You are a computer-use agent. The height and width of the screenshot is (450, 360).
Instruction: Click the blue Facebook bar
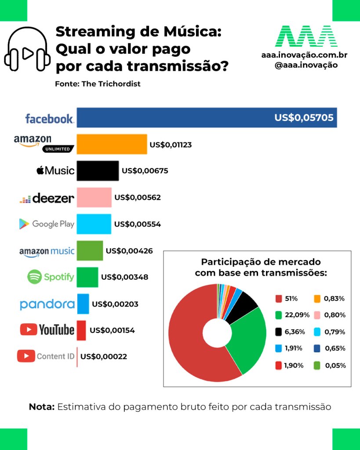coord(207,117)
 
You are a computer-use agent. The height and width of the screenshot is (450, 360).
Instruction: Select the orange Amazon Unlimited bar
coord(112,144)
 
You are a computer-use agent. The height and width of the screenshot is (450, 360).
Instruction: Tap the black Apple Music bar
coord(98,171)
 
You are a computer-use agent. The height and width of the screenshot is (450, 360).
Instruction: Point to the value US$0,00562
coord(138,198)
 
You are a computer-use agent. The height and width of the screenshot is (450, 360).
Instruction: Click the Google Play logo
coord(47,224)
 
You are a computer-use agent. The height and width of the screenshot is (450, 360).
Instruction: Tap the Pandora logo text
coord(47,304)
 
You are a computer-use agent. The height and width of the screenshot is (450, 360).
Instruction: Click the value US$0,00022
coord(104,357)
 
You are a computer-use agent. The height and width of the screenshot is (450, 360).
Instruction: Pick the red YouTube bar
coord(81,330)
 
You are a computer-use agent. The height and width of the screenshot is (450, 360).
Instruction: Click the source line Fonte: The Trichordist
coord(98,84)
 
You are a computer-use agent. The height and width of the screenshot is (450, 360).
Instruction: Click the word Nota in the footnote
coord(41,407)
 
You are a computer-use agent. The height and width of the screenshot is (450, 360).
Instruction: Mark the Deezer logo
coord(47,198)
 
